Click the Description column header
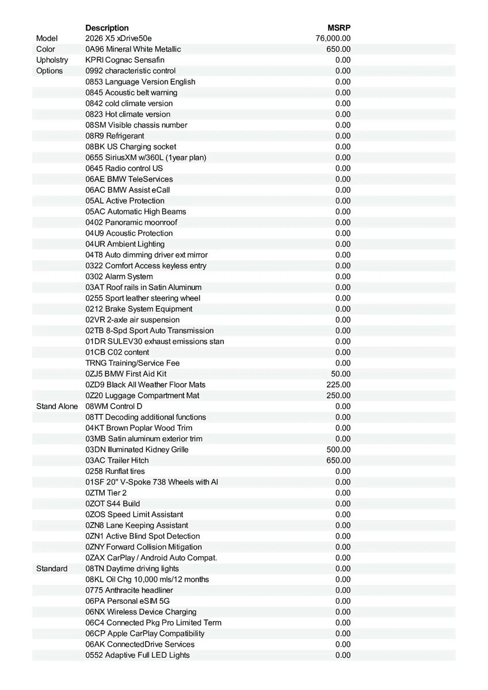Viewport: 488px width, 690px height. tap(107, 28)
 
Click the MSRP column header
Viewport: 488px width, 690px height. tap(339, 28)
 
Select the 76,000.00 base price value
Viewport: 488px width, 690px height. tap(333, 39)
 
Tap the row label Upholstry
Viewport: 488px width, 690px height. tap(52, 60)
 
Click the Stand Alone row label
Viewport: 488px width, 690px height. tap(57, 407)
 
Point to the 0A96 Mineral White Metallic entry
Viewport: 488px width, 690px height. tap(133, 49)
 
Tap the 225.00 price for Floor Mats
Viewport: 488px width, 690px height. tap(338, 385)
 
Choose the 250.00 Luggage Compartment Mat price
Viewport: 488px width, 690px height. tap(338, 396)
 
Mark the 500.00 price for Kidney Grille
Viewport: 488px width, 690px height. tap(338, 450)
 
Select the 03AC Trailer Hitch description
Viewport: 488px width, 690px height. tap(117, 461)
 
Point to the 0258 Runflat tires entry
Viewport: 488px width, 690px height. tap(115, 471)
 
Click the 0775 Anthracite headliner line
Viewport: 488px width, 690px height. tap(129, 591)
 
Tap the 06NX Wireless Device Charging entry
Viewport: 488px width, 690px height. tap(141, 612)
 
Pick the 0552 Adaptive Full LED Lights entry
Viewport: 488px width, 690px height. tap(138, 655)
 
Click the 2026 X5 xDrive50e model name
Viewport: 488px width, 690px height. tap(119, 39)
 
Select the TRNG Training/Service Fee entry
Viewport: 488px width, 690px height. tap(132, 363)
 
